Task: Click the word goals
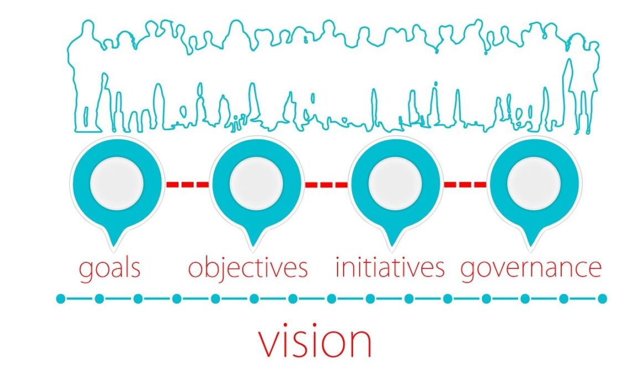coord(109,268)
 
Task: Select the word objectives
coord(247,268)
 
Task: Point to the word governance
coord(531,268)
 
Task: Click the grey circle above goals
coord(117,184)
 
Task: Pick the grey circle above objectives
coord(256,184)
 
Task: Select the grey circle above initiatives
coord(395,184)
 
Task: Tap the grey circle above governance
coord(534,184)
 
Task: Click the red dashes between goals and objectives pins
coord(187,184)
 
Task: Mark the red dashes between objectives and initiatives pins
coord(326,184)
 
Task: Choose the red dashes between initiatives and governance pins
coord(465,184)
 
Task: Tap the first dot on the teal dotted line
coord(61,299)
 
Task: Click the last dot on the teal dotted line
coord(602,299)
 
